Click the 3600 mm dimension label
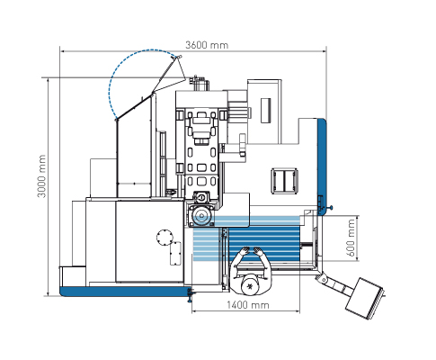(x=207, y=45)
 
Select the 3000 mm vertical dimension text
(x=42, y=176)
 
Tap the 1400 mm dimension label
(x=248, y=305)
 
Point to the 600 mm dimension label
(x=351, y=238)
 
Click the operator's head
(x=250, y=286)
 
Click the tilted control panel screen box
(x=365, y=298)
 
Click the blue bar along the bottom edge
(x=123, y=292)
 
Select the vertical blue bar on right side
(x=323, y=166)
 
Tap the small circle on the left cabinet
(x=165, y=238)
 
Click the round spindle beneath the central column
(x=201, y=216)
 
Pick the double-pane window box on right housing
(x=284, y=181)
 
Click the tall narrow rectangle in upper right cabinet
(x=266, y=111)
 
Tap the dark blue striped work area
(x=264, y=244)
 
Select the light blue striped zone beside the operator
(x=207, y=244)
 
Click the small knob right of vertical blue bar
(x=331, y=207)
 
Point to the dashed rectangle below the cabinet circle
(x=175, y=254)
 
